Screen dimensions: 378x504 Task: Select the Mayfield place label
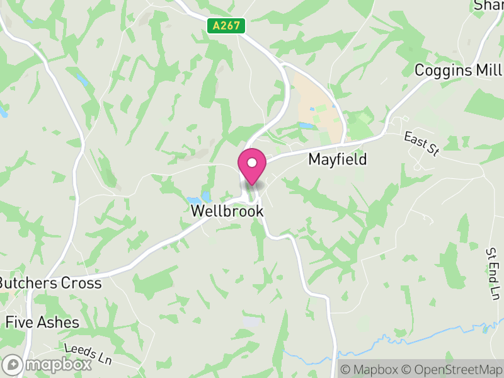337,159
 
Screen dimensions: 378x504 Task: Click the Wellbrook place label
227,212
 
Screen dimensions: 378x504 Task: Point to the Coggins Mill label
458,70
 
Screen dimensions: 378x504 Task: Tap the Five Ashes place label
42,323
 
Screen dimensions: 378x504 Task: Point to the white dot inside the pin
252,163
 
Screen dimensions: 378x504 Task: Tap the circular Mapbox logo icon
13,364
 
